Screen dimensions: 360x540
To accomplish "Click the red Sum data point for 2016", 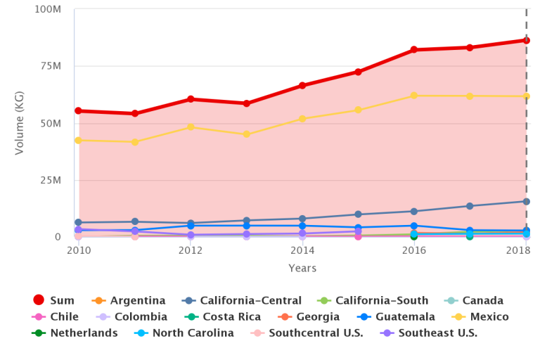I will pos(414,50).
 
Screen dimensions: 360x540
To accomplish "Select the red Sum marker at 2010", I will pos(78,111).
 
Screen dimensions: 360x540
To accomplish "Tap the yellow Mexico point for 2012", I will pos(191,127).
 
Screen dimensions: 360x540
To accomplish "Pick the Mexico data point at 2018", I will pos(526,96).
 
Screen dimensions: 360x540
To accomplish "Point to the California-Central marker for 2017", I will pos(470,206).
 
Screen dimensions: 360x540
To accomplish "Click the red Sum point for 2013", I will pos(246,103).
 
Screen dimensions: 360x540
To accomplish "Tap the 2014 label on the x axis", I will pos(302,250).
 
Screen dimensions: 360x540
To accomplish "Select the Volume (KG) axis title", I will pos(20,123).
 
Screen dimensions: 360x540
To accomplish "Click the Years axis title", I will pos(302,268).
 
